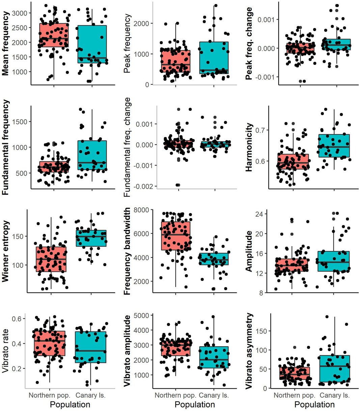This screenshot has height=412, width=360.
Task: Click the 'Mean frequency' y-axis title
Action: pos(6,43)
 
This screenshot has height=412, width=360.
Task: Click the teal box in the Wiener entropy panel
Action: pos(91,238)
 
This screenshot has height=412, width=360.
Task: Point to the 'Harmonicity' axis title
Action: pos(249,147)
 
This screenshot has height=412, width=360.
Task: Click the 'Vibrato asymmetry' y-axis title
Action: pos(249,351)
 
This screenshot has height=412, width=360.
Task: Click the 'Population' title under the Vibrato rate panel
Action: pos(71,405)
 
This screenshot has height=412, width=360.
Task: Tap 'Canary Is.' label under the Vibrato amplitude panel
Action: pos(214,395)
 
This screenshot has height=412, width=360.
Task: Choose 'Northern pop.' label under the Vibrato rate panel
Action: pos(49,395)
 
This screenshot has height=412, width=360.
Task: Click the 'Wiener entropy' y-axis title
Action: pos(6,251)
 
